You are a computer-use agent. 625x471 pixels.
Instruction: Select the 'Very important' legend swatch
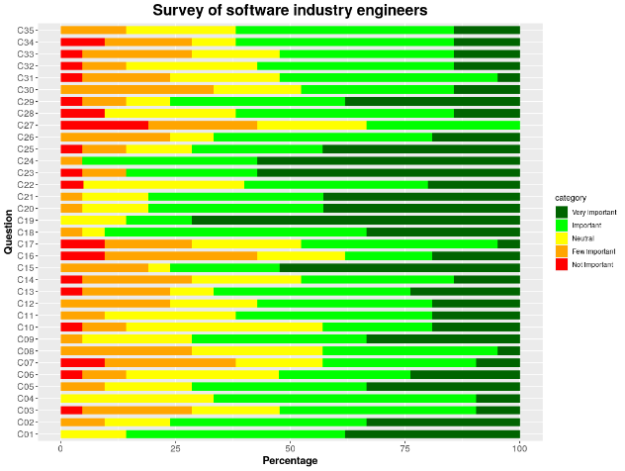coord(562,211)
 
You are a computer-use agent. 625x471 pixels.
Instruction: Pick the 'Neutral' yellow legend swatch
coord(562,238)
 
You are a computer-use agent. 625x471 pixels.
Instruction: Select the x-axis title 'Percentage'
coord(290,461)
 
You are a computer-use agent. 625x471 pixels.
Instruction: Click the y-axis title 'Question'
coord(9,232)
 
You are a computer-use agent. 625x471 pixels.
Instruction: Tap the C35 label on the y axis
coord(27,30)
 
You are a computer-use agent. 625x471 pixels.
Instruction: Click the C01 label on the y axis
coord(27,433)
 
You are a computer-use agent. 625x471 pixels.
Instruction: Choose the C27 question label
coord(27,125)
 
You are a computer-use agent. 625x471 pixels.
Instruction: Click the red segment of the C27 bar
coord(104,125)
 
